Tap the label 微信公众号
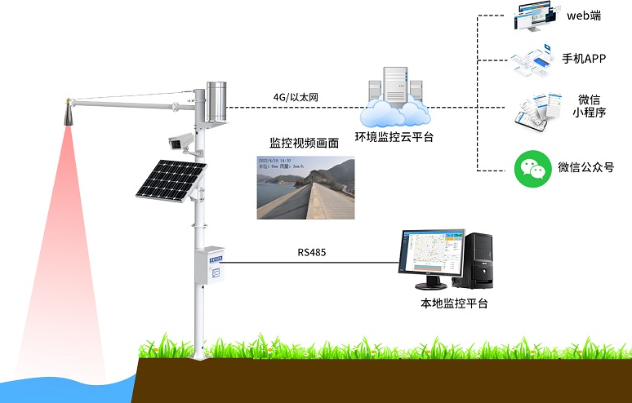point(585,168)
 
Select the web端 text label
point(585,15)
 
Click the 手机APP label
point(584,58)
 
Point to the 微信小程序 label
point(589,106)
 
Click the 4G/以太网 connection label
point(296,98)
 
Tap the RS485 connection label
point(312,252)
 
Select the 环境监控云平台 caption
point(394,136)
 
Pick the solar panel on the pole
point(172,179)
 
